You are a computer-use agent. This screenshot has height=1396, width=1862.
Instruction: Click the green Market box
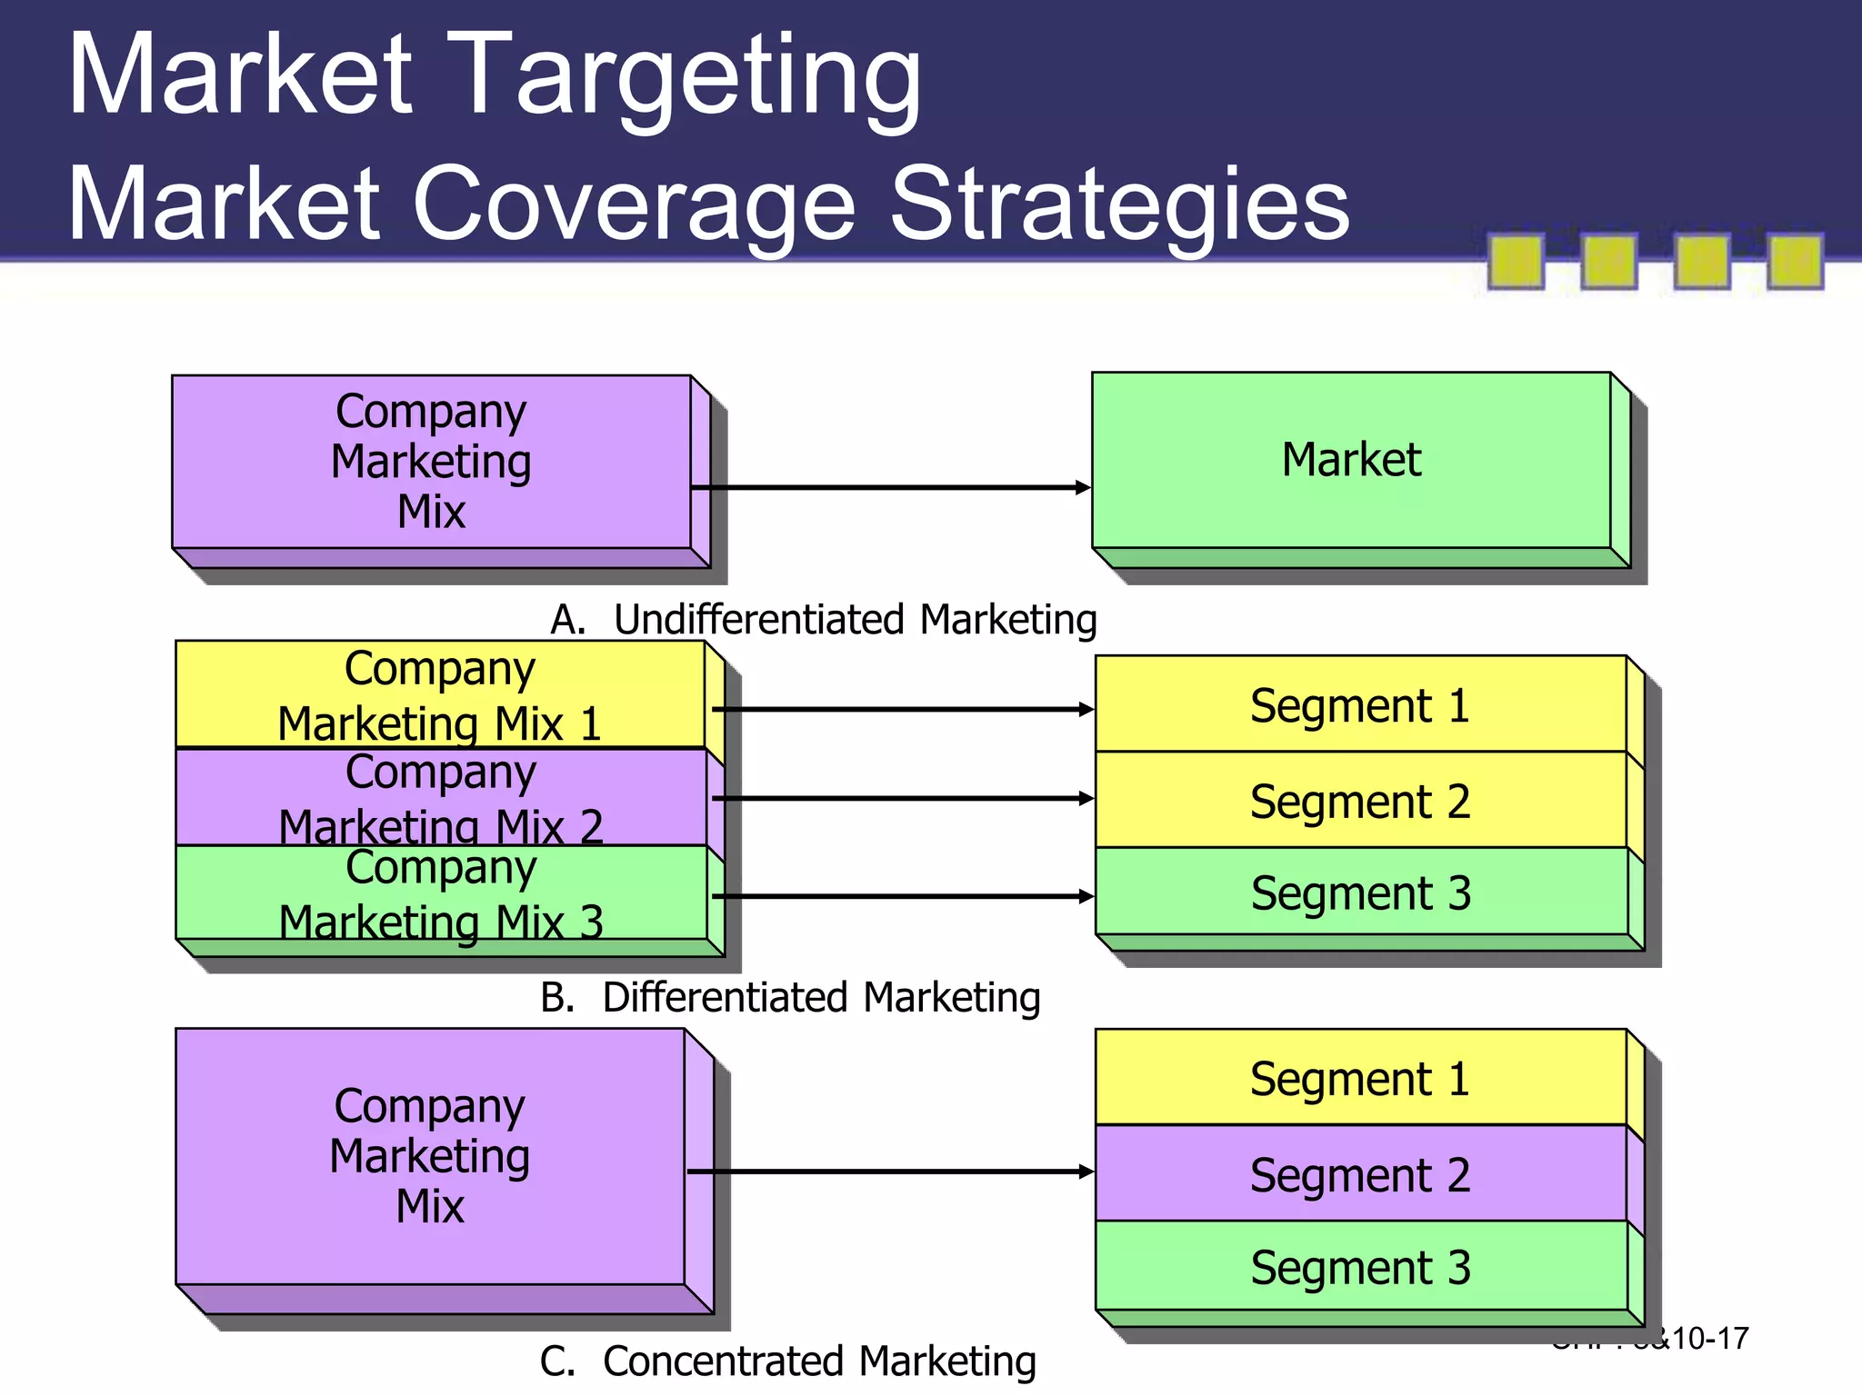point(1351,460)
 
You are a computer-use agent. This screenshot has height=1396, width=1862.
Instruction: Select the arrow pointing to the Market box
point(891,488)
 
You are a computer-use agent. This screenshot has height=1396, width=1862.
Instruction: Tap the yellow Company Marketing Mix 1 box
point(440,695)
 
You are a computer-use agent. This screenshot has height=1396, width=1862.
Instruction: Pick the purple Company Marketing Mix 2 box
point(440,798)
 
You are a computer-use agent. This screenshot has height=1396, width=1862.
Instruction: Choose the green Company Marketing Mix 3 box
point(440,893)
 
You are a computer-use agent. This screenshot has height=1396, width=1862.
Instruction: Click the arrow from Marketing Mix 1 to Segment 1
point(902,709)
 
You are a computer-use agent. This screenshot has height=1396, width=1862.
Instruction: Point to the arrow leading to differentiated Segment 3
point(902,897)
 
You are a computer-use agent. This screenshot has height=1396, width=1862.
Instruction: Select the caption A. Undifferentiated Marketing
point(823,620)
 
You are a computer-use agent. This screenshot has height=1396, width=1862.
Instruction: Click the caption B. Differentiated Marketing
point(789,998)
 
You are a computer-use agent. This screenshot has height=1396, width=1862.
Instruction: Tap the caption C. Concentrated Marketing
point(787,1361)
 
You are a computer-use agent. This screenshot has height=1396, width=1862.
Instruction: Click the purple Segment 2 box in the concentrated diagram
point(1360,1174)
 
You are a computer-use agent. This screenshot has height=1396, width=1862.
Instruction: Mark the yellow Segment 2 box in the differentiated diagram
point(1360,801)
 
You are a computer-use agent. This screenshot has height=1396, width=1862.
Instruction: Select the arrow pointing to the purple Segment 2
point(891,1172)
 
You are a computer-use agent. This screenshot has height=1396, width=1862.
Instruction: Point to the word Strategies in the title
point(1119,204)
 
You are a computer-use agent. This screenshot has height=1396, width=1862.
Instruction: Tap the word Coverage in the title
point(634,204)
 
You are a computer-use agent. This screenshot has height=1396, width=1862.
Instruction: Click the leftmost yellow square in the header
point(1516,261)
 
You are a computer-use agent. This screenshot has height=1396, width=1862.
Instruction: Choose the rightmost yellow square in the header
point(1795,261)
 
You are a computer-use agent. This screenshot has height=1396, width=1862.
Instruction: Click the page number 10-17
point(1709,1339)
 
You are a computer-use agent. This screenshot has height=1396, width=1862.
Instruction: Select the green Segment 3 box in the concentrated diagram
point(1360,1267)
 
